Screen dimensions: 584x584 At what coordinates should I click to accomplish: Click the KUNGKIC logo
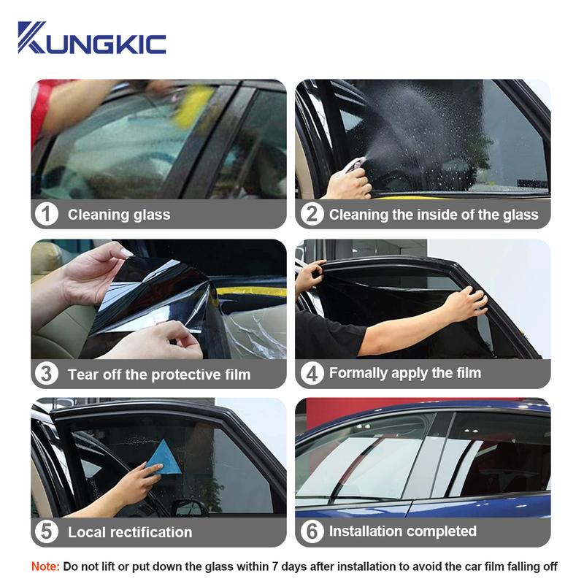coord(92,38)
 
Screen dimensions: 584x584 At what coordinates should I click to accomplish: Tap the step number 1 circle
coord(47,214)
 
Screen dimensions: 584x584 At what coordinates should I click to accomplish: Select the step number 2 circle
coord(312,214)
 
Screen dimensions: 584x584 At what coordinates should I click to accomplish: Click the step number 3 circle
coord(47,374)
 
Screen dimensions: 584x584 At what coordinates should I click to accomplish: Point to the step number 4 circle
coord(312,374)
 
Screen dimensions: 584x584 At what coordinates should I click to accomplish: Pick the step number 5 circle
coord(47,531)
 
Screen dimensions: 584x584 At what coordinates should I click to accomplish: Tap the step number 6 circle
coord(312,531)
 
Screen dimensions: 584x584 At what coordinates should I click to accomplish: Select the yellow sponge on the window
coord(194,106)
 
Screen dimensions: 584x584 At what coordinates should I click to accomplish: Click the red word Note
coord(45,567)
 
